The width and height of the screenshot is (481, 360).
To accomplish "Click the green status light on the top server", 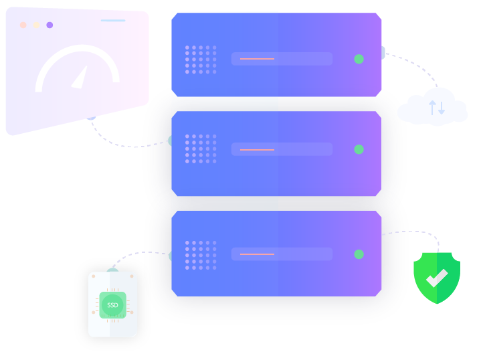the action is click(359, 59).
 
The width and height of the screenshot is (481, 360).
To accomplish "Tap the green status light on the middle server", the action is click(359, 149).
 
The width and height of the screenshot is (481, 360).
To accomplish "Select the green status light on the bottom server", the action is click(359, 254).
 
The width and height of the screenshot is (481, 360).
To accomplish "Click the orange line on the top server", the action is click(257, 59).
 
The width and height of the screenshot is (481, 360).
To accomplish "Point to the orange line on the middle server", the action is click(257, 150).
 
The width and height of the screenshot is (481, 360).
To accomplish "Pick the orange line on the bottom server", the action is click(257, 254).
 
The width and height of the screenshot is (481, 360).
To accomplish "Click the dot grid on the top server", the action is click(201, 60).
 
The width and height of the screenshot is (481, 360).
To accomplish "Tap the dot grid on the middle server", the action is click(201, 149).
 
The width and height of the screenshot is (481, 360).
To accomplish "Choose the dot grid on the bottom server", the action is click(201, 256).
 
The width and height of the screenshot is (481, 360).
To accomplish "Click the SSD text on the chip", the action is click(112, 305).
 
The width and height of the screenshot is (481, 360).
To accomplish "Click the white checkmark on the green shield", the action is click(437, 278).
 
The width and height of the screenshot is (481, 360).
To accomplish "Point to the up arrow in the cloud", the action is click(432, 108).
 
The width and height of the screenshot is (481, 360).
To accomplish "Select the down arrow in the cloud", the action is click(442, 108).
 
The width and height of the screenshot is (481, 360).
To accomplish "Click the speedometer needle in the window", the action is click(80, 77).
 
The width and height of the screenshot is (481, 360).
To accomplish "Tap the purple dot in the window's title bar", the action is click(50, 25).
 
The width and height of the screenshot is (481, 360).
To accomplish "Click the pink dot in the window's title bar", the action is click(23, 25).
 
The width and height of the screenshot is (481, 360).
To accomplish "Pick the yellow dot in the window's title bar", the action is click(36, 25).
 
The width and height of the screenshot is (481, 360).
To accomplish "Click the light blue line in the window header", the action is click(113, 21).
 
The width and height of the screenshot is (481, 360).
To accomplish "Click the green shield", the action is click(437, 278).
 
